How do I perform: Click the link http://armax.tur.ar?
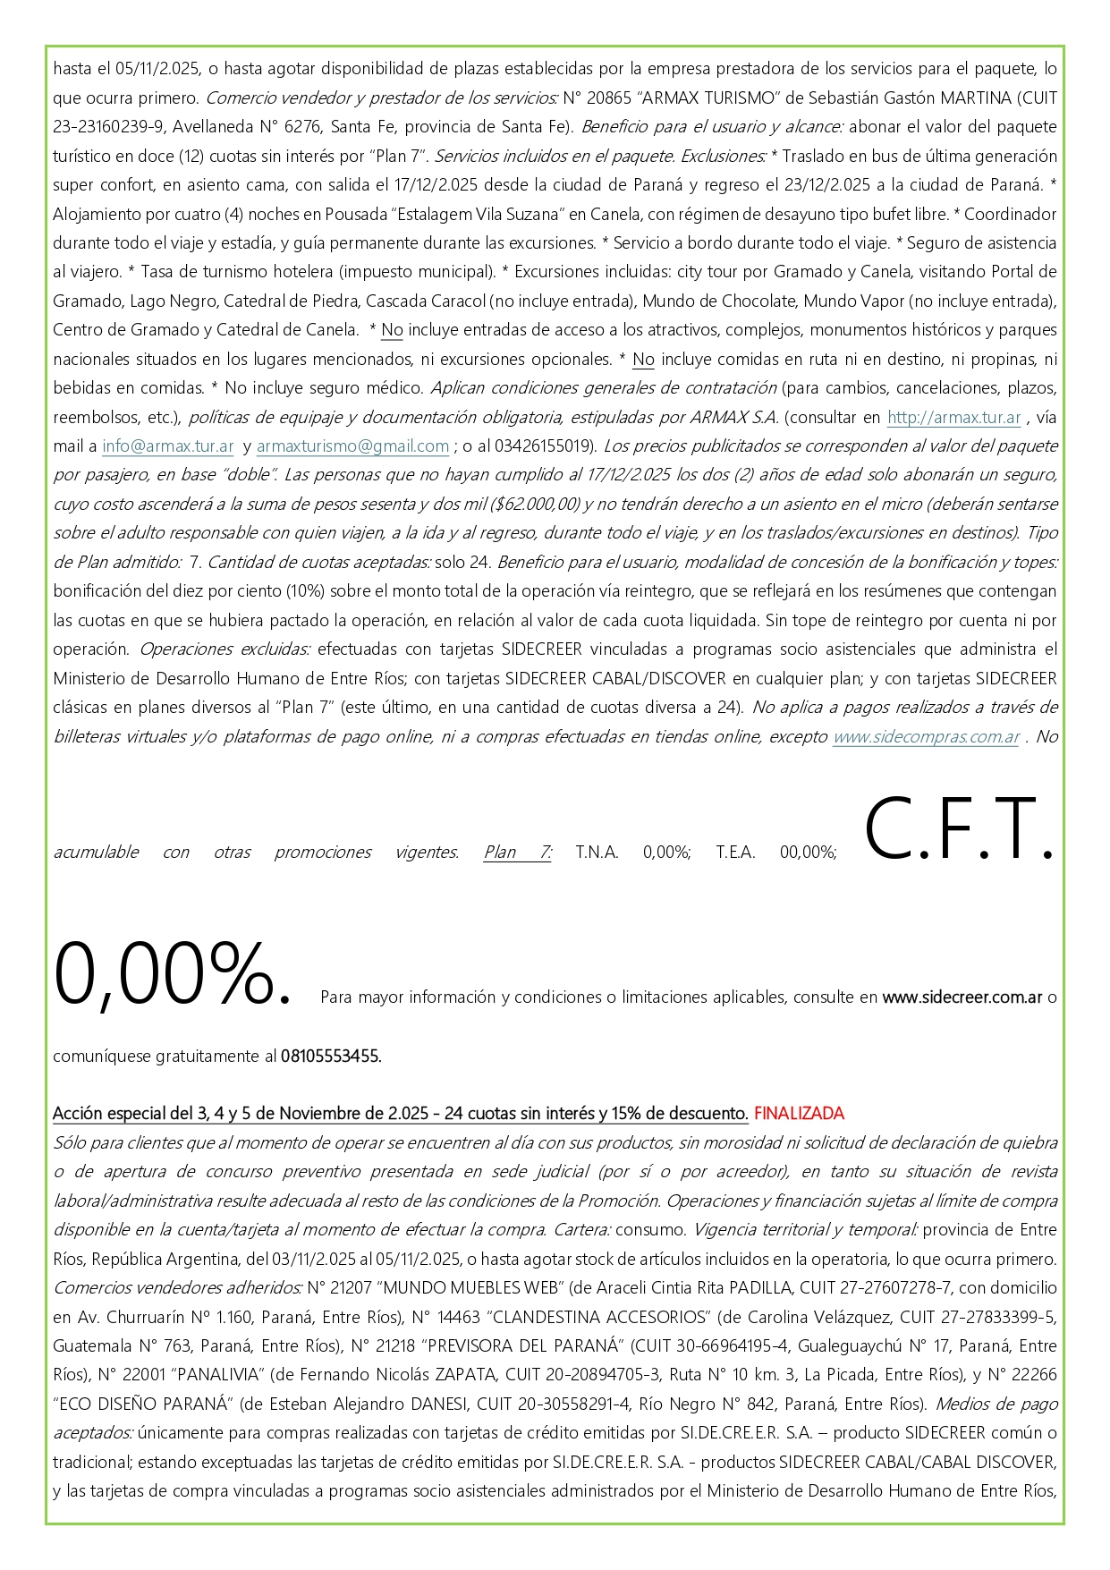(x=953, y=417)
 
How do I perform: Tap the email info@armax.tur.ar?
(x=167, y=446)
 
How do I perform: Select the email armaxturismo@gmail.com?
(x=352, y=446)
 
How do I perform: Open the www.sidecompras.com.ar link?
(x=926, y=736)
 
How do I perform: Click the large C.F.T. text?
(x=959, y=829)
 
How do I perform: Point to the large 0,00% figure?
(x=172, y=973)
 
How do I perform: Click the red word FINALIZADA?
(x=799, y=1113)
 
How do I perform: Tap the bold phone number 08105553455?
(x=331, y=1056)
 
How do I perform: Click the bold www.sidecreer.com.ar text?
(x=962, y=997)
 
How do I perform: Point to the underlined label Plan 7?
(x=517, y=852)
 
